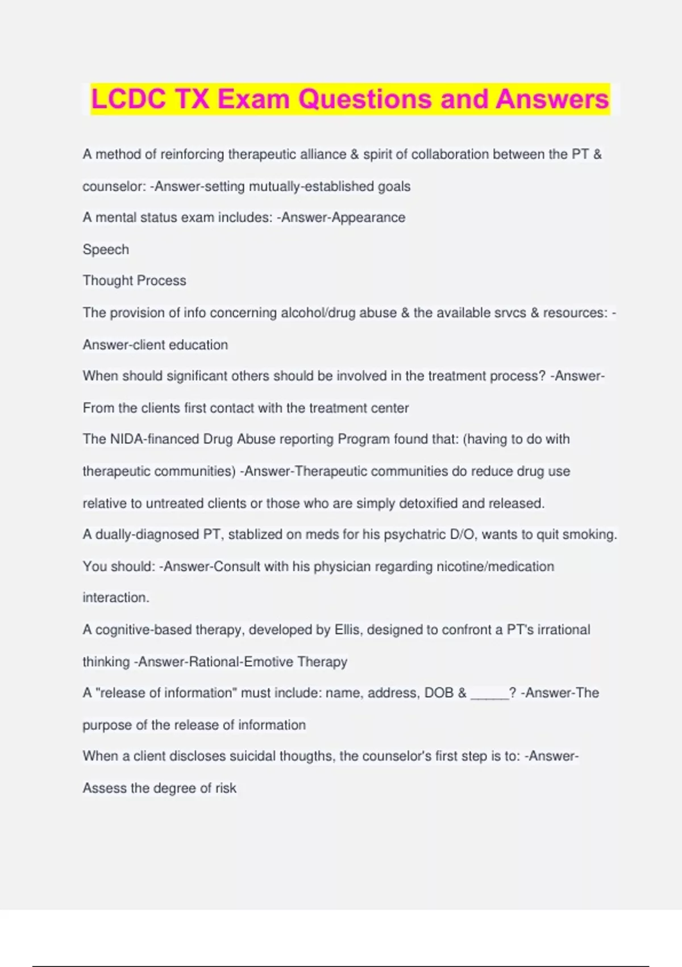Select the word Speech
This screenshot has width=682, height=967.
(x=106, y=249)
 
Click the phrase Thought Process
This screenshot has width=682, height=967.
(x=134, y=280)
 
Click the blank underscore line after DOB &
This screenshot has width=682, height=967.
(x=489, y=693)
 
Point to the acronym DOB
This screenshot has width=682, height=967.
(x=439, y=693)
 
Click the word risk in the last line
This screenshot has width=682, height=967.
(x=226, y=788)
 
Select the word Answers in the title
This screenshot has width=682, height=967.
(x=552, y=99)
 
